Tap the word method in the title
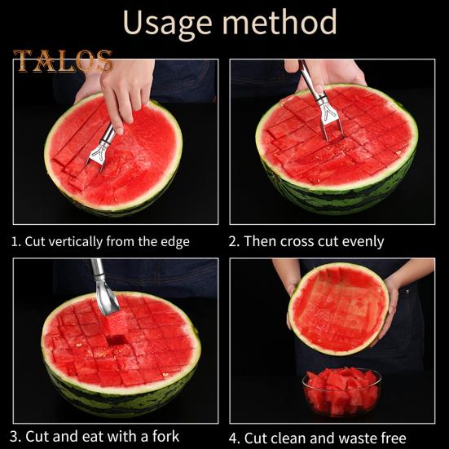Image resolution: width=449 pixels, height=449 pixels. click(x=277, y=23)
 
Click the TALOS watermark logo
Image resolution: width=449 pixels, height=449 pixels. click(x=63, y=61)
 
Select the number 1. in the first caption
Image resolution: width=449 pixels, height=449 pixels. click(x=15, y=241)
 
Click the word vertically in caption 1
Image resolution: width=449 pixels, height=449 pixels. click(x=79, y=241)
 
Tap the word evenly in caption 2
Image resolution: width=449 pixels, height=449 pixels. click(x=362, y=241)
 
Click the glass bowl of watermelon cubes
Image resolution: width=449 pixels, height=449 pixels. click(x=341, y=392)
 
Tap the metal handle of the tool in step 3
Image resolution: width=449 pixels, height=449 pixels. click(x=101, y=281)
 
